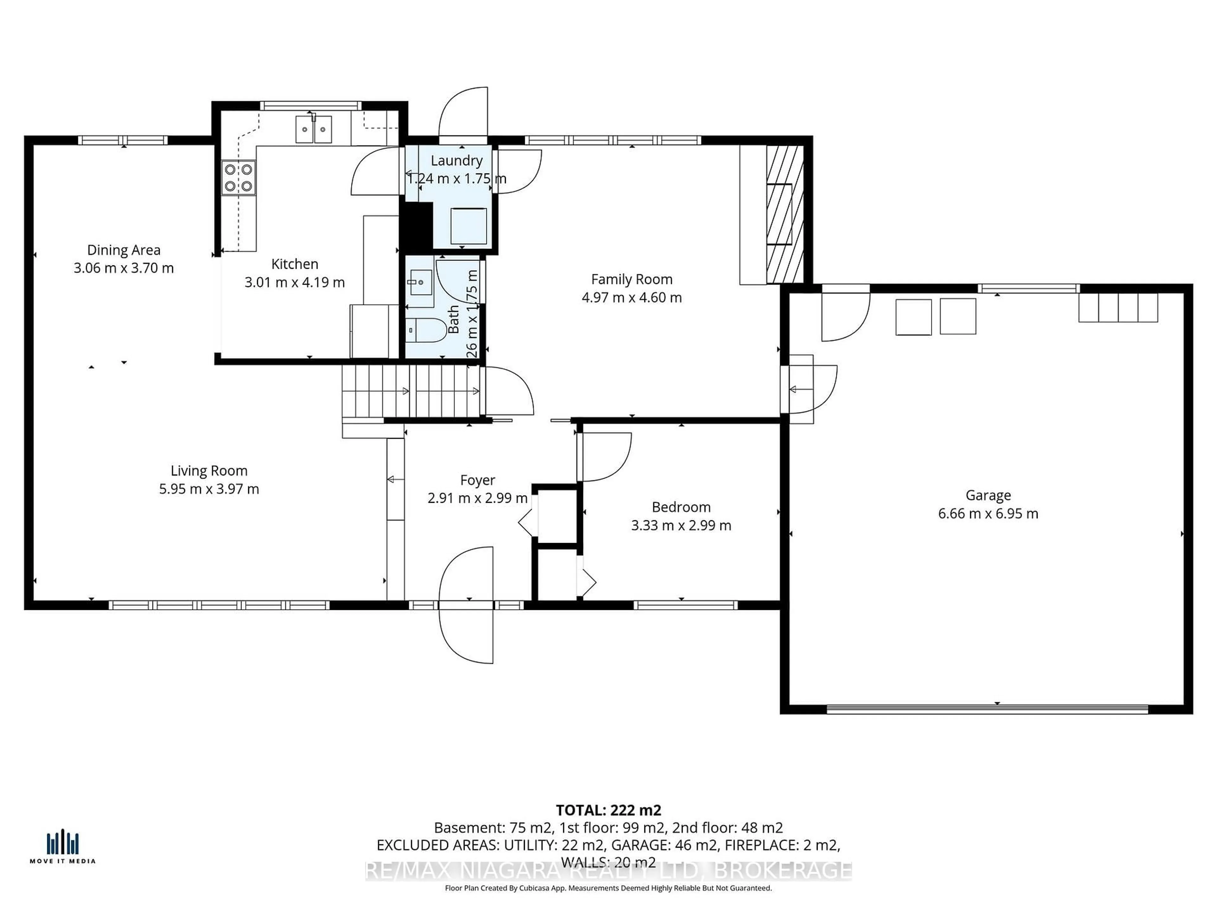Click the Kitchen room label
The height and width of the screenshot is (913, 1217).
pos(294,264)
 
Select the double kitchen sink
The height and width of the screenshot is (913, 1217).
pos(314,130)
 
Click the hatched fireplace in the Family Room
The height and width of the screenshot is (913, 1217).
pos(785,215)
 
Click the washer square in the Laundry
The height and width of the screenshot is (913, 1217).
pos(468,226)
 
